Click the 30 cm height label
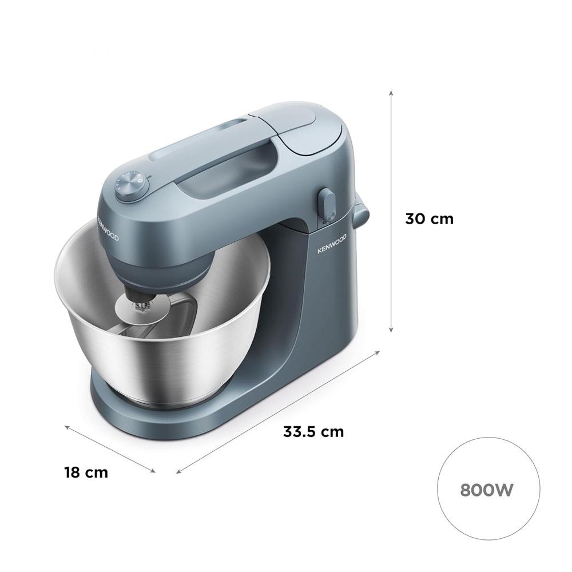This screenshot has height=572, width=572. coord(430,219)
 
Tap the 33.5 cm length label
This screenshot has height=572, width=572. coord(313,431)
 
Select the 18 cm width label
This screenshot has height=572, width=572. coord(86,472)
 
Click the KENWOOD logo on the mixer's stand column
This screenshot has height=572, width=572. coord(332,243)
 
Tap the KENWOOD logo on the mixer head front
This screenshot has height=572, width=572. coord(108,229)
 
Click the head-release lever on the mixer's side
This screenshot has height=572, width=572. coord(326,205)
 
